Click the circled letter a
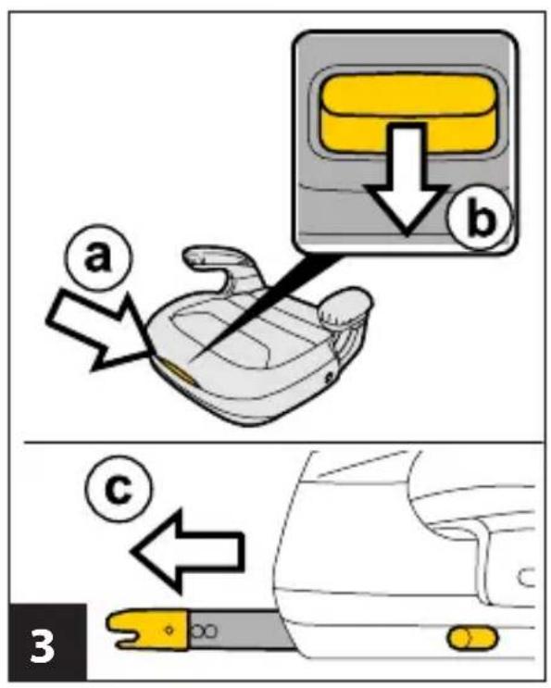(x=99, y=258)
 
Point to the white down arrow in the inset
(x=407, y=180)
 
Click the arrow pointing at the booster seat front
(x=99, y=329)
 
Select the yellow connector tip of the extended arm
(x=149, y=630)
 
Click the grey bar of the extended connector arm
(x=239, y=630)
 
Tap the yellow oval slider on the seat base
(x=472, y=638)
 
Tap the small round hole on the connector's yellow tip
(x=169, y=630)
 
